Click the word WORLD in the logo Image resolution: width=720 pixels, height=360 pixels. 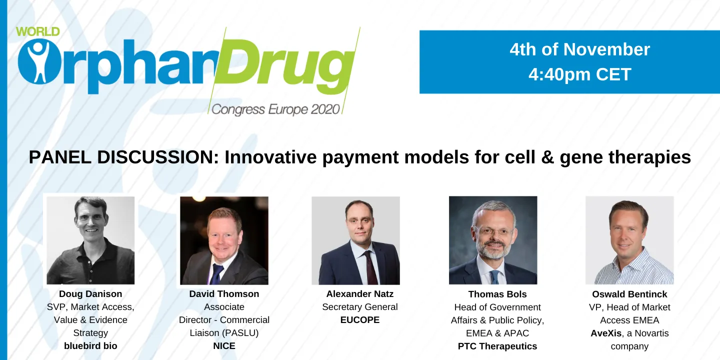coord(37,31)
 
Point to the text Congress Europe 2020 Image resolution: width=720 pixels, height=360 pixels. coord(275,109)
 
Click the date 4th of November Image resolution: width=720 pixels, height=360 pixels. coord(579,49)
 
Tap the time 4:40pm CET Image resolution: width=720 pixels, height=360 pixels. coord(579,74)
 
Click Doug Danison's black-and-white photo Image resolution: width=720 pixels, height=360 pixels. coord(90,240)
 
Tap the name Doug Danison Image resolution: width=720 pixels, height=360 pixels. coord(90,293)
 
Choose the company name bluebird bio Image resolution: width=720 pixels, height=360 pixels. coord(90,345)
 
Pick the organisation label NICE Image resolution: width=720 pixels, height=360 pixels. coord(224,345)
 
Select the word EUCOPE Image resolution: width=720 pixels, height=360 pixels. coord(359,319)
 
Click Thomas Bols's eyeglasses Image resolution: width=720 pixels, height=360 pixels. coord(493,231)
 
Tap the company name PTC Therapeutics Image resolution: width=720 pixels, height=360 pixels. coord(497,346)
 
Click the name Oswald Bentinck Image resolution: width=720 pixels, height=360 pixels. coord(629,294)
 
